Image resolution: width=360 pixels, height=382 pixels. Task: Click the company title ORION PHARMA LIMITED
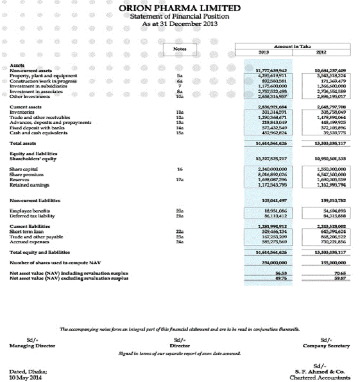click(x=180, y=8)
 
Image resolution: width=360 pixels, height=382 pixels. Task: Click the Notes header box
click(x=179, y=49)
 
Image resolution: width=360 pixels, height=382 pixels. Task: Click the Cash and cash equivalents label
click(x=38, y=133)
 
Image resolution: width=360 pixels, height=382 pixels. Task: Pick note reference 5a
click(x=179, y=75)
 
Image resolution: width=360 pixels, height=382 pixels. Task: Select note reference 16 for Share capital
click(x=179, y=168)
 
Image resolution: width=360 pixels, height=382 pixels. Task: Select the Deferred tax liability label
click(x=34, y=216)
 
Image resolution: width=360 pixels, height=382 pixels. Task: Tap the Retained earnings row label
click(x=30, y=185)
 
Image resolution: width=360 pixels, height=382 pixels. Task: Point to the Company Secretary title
click(x=326, y=346)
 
